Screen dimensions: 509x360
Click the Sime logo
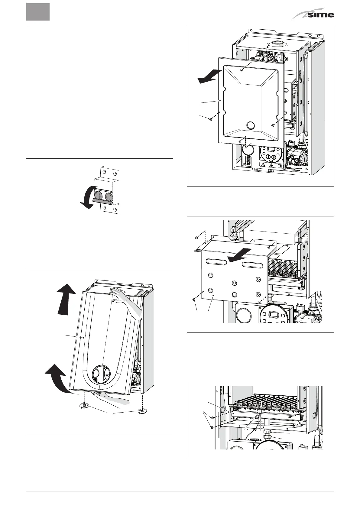pos(313,15)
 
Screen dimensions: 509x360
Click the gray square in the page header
pos(37,12)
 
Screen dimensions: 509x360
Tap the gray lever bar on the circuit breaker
pos(104,200)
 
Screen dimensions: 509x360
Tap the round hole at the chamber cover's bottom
pos(251,125)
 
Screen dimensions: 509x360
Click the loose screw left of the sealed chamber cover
pos(210,119)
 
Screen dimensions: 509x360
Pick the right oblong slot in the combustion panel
pos(254,264)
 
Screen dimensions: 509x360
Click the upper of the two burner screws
pos(212,417)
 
